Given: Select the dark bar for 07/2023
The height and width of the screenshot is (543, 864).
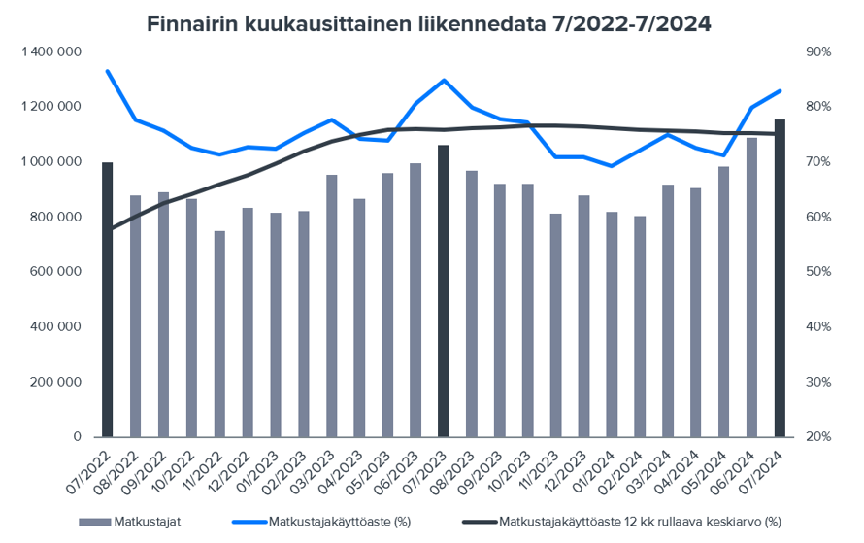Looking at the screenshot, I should coord(444,290).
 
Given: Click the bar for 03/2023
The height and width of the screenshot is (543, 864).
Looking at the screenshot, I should coord(332,306).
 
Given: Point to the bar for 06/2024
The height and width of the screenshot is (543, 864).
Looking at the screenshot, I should coord(751,288).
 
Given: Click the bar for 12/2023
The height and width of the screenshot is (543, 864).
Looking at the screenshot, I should coord(583,316).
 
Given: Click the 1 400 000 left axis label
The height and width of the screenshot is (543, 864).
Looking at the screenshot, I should coord(50,51).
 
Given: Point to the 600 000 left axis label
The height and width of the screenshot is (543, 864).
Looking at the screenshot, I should coord(56,272).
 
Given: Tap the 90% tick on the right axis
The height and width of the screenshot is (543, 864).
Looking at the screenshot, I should coord(817,51).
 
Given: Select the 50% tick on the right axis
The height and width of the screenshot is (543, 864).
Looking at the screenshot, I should coord(817,272).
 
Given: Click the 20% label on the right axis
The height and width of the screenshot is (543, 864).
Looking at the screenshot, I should coord(817,437).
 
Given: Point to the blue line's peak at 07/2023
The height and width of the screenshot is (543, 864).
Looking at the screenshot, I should coord(444,80).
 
